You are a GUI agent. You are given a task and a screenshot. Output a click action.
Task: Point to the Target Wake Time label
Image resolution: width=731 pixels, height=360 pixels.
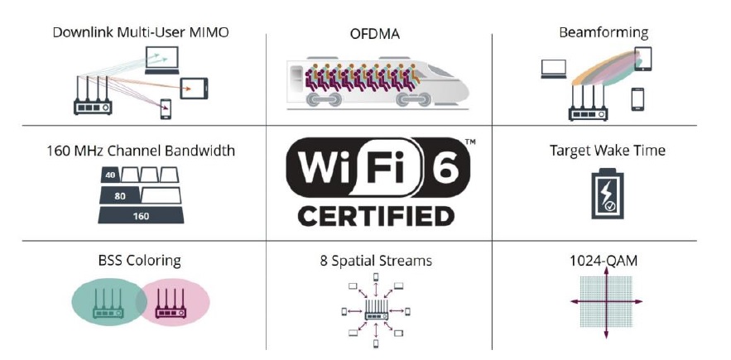coord(608,151)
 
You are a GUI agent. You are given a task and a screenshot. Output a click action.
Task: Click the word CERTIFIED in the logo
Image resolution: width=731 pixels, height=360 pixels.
coord(376,216)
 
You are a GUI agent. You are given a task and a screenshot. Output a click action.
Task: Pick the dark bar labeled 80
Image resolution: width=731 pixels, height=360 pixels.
coord(119,195)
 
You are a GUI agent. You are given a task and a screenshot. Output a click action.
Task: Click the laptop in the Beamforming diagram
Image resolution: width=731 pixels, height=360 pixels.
coord(554,70)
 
